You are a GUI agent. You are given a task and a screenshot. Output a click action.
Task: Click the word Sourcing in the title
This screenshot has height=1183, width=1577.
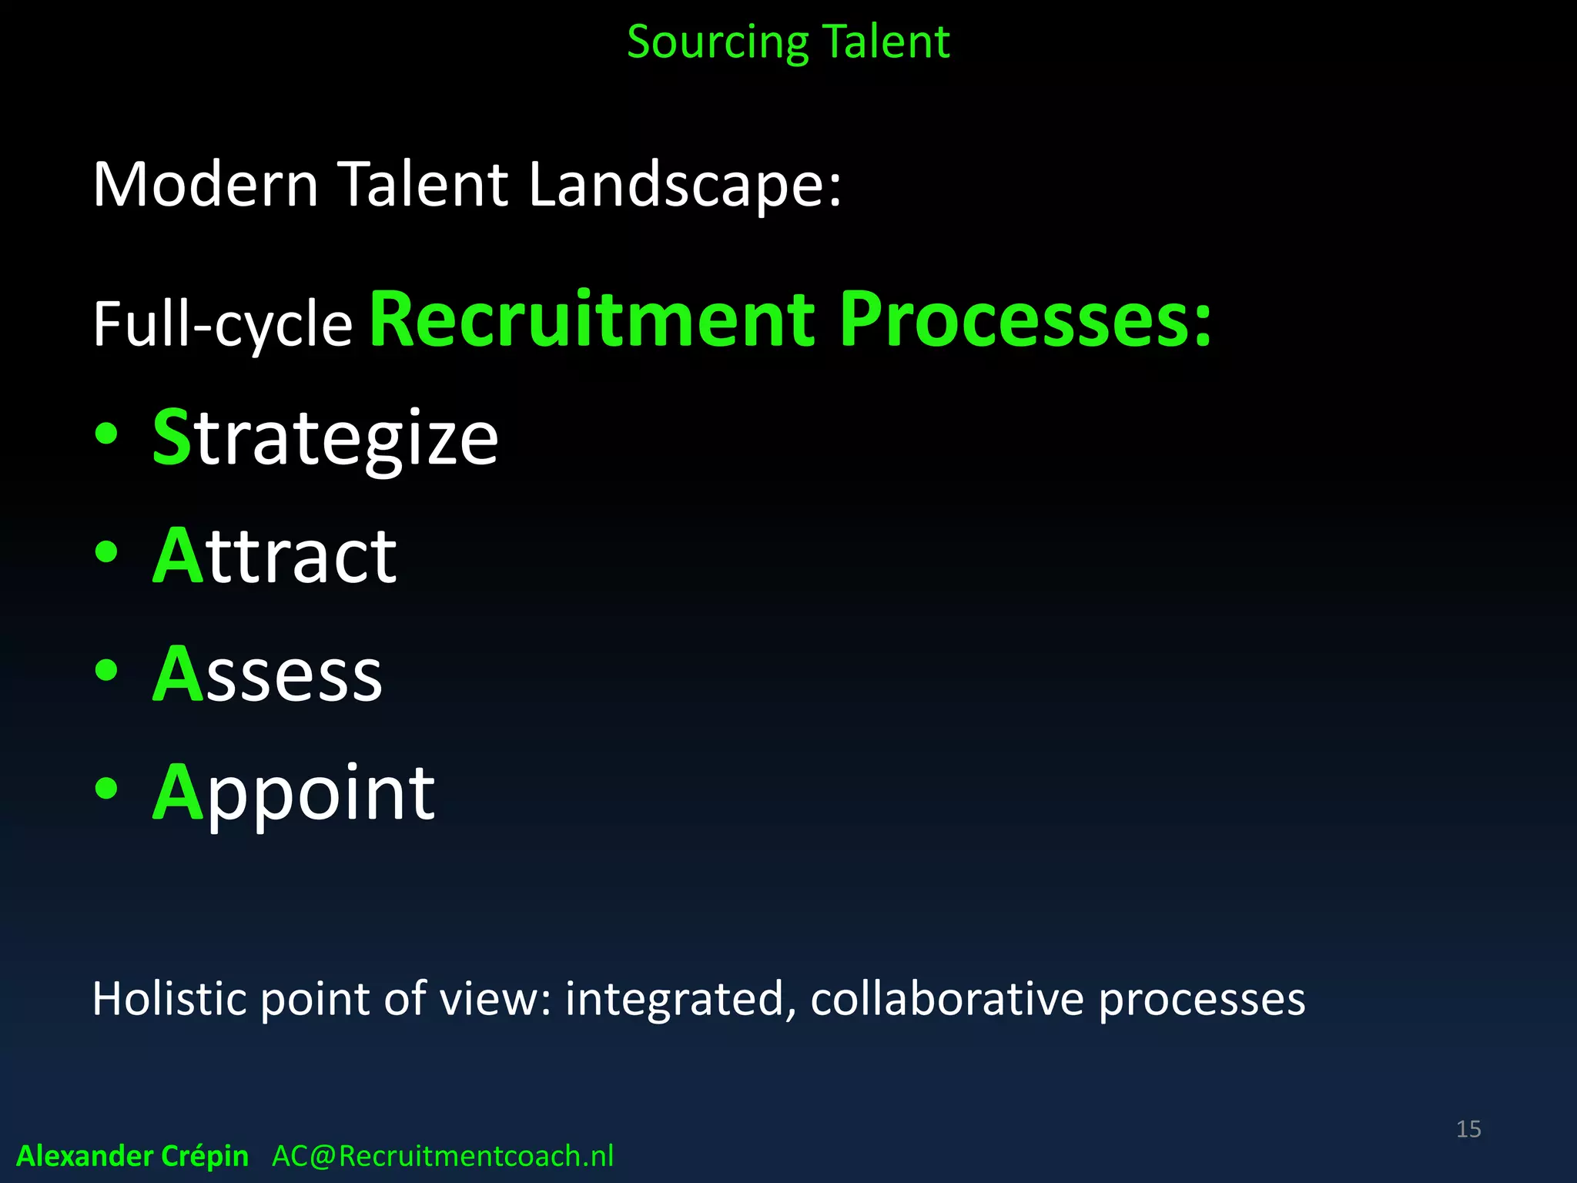click(716, 42)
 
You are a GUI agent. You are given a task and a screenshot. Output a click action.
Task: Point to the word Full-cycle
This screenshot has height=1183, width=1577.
click(223, 324)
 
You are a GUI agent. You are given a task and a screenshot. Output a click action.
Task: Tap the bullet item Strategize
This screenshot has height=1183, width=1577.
click(326, 437)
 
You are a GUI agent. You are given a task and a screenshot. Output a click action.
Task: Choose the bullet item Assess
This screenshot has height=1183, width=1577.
click(267, 674)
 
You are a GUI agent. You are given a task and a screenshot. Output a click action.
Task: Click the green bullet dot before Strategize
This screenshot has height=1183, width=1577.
click(106, 434)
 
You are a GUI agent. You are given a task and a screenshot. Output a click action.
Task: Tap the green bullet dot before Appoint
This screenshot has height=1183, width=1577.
click(106, 788)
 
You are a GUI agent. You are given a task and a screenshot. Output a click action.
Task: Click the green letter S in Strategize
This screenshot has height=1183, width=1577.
click(171, 437)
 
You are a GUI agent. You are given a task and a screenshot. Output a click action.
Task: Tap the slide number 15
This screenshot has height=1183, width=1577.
click(1468, 1129)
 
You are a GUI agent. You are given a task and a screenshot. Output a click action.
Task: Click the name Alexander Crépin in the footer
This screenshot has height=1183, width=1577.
click(132, 1156)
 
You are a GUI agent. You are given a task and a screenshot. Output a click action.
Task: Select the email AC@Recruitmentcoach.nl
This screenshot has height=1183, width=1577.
click(443, 1156)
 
